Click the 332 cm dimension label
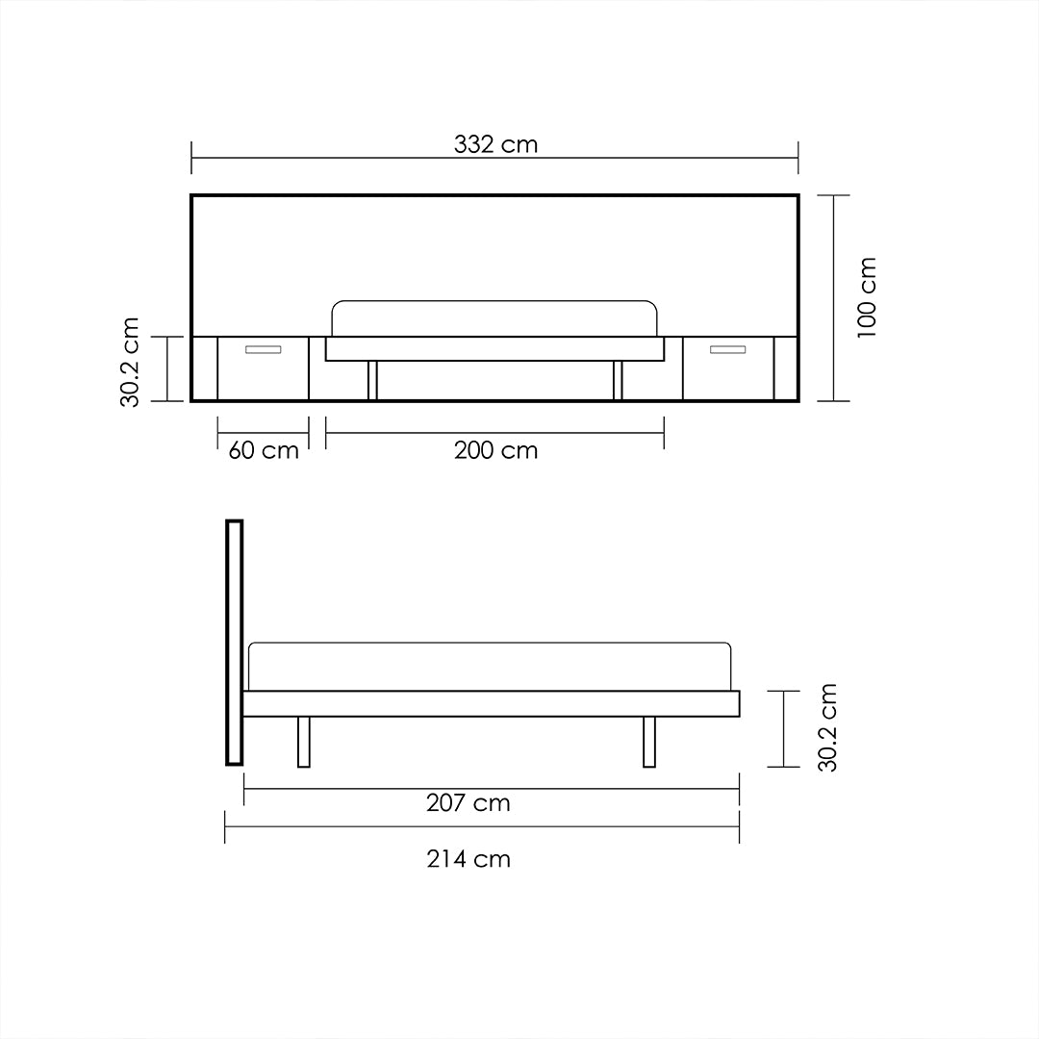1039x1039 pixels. pyautogui.click(x=495, y=145)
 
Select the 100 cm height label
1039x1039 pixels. pyautogui.click(x=867, y=296)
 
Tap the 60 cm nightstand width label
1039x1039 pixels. pyautogui.click(x=264, y=450)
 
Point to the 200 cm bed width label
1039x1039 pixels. pyautogui.click(x=495, y=450)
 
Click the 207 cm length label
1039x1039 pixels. pyautogui.click(x=469, y=803)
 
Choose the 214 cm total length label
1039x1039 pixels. pyautogui.click(x=469, y=859)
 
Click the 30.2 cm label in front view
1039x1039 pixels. pyautogui.click(x=131, y=362)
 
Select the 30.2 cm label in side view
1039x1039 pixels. pyautogui.click(x=827, y=727)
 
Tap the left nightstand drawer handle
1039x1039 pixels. pyautogui.click(x=263, y=349)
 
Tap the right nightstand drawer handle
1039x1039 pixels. pyautogui.click(x=728, y=349)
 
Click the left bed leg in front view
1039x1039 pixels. pyautogui.click(x=372, y=380)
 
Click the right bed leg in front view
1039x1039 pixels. pyautogui.click(x=618, y=380)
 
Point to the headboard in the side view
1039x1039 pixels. pyautogui.click(x=234, y=642)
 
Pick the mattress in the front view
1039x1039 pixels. pyautogui.click(x=494, y=318)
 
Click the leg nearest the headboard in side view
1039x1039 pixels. pyautogui.click(x=304, y=742)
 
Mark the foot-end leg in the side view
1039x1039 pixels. pyautogui.click(x=649, y=742)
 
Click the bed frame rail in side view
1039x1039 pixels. pyautogui.click(x=491, y=703)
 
